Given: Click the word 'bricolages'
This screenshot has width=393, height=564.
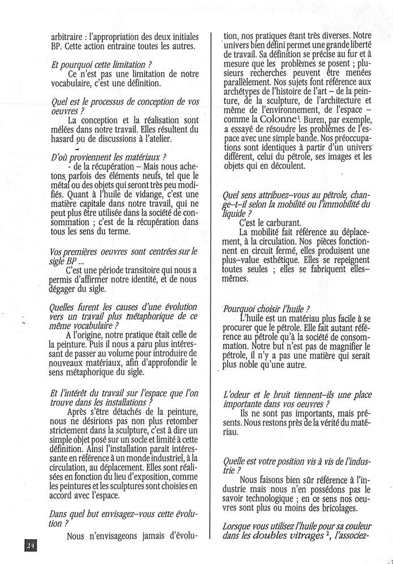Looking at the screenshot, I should coord(341,508).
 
